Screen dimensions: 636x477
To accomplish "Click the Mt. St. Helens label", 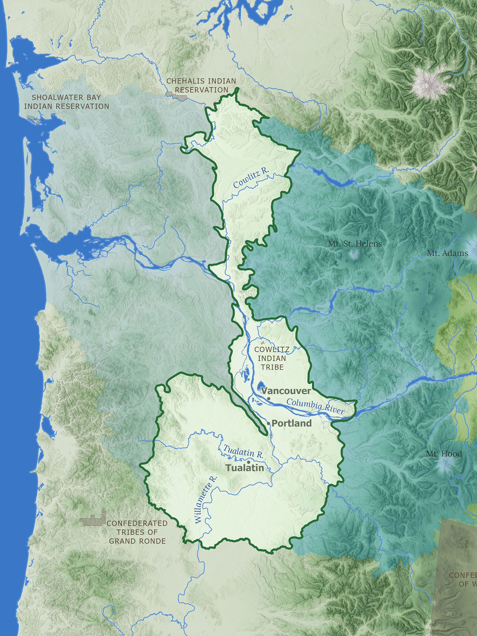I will tap(355, 244).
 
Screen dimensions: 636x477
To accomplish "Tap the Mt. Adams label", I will tap(447, 253).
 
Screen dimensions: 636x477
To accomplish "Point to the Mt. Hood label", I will tap(444, 454).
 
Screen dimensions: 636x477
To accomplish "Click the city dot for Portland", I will tap(269, 423).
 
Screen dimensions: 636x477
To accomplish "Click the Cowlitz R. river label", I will tap(251, 178).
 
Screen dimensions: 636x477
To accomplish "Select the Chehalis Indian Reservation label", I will tap(201, 86).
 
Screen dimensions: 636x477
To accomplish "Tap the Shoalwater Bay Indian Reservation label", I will tap(66, 102).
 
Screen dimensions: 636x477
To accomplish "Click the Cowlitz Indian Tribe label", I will tap(272, 358).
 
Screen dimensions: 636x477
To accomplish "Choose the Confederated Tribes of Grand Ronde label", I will tap(137, 532).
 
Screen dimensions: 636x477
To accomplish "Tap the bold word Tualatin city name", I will tap(245, 468).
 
